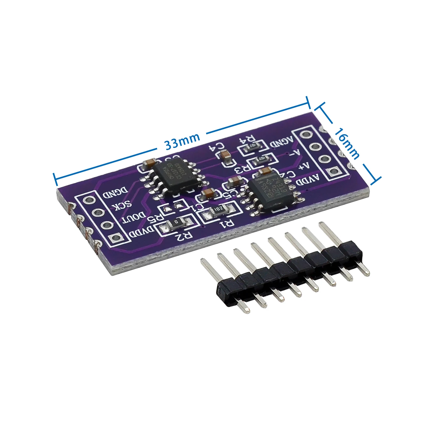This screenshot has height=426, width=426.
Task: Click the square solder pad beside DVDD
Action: tap(116, 238)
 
